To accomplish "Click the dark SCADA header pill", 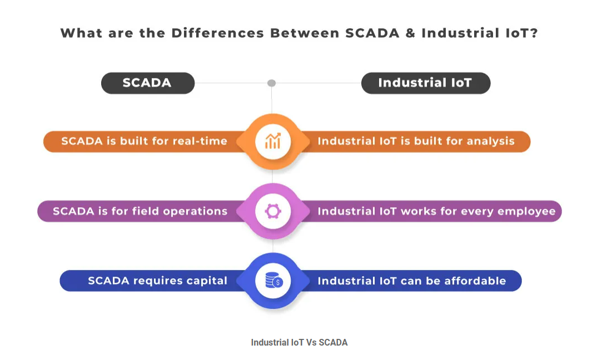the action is [147, 83].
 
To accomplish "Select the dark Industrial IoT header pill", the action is [425, 83].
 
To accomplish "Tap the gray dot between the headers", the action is [272, 83].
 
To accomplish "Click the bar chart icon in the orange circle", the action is [273, 141].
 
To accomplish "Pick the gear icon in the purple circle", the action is [273, 211].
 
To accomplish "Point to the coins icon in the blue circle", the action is [273, 281].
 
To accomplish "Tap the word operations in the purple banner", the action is [195, 212].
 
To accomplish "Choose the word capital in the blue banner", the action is [207, 281].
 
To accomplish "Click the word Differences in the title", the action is [218, 33].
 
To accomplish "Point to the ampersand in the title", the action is [410, 33].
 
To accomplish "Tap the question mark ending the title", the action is [534, 33].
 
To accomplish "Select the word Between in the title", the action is [305, 33].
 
